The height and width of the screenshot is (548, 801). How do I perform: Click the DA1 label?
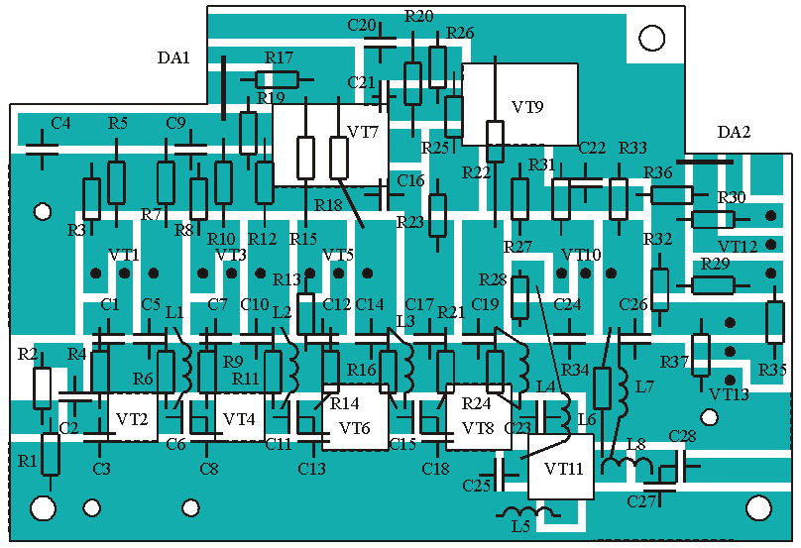click(173, 57)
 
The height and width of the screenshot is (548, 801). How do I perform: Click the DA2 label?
click(735, 133)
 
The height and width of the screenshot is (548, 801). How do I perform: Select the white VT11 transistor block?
click(561, 466)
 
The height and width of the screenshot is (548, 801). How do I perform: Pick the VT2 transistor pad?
click(132, 419)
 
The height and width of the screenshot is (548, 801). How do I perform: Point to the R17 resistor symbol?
click(277, 79)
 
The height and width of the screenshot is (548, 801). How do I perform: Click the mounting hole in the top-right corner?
click(651, 39)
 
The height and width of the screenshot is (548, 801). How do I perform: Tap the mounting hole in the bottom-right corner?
click(758, 508)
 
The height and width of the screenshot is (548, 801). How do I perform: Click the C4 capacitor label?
click(60, 124)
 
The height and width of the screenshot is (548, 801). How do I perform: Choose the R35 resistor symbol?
click(775, 322)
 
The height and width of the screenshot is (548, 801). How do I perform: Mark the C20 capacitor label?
click(362, 25)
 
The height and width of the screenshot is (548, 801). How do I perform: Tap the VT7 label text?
click(363, 132)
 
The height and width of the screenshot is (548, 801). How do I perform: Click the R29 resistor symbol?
click(712, 285)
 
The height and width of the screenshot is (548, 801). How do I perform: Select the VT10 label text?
click(581, 255)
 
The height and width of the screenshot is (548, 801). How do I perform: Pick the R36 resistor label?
click(658, 172)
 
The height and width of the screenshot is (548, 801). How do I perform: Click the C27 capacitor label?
click(642, 501)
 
